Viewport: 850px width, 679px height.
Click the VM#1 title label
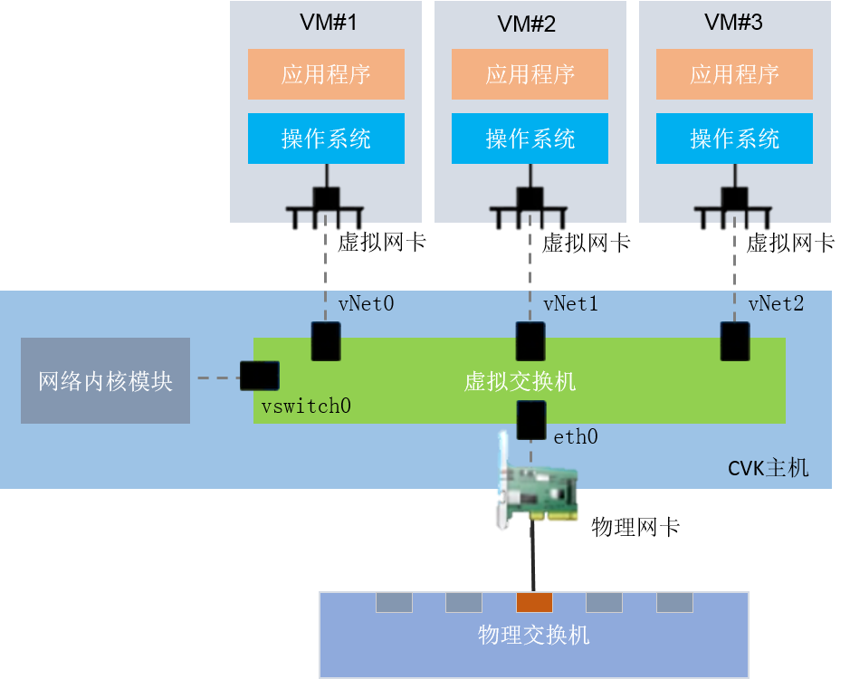(x=328, y=23)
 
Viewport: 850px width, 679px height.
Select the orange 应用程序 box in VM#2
(x=530, y=74)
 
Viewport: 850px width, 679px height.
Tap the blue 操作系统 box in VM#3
(x=734, y=139)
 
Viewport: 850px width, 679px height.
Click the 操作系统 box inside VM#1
(x=326, y=139)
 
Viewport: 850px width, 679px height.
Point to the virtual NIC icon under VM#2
(x=529, y=207)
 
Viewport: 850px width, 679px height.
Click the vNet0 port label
(x=366, y=303)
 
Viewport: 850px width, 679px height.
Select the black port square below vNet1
(x=530, y=341)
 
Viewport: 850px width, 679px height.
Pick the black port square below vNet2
(x=735, y=341)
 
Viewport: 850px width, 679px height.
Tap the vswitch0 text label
(x=306, y=406)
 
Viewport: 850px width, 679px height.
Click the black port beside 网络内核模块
(x=260, y=376)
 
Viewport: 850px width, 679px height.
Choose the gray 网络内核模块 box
(x=105, y=381)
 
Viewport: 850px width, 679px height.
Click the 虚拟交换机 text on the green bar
(x=520, y=381)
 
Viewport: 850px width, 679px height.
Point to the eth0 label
(x=576, y=436)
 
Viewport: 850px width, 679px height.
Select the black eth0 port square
(x=531, y=420)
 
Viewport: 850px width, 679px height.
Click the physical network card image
(x=537, y=483)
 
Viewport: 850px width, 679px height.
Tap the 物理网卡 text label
(x=635, y=527)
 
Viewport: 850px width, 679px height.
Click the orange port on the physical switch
(x=534, y=603)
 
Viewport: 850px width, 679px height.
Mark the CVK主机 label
(x=769, y=467)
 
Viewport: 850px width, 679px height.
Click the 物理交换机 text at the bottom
(x=533, y=635)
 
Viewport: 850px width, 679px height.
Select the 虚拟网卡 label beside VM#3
(x=790, y=243)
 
